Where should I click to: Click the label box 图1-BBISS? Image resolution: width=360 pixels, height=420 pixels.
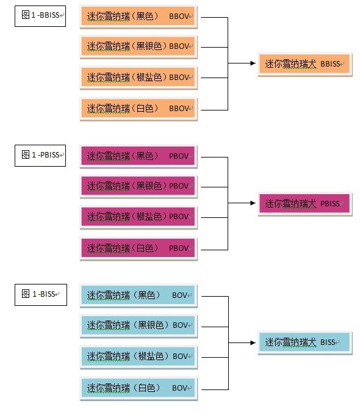click(x=40, y=16)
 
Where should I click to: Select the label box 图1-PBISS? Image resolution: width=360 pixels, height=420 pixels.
click(x=40, y=156)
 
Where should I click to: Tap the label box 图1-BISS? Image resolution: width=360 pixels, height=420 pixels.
click(x=41, y=295)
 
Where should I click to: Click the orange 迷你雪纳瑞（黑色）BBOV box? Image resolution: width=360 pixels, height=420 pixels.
click(x=139, y=16)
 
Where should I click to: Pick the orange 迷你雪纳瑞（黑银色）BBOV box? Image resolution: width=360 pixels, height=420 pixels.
click(x=139, y=47)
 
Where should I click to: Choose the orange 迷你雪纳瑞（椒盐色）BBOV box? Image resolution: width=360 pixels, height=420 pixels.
click(x=139, y=78)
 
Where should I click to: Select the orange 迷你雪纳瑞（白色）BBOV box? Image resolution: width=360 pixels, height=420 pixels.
click(x=139, y=109)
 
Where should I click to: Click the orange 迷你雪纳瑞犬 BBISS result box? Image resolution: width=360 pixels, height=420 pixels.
click(x=305, y=64)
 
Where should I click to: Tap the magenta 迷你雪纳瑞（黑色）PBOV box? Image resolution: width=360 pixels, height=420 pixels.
click(x=139, y=156)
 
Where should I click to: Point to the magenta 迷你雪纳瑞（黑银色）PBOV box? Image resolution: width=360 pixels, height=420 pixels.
click(x=139, y=187)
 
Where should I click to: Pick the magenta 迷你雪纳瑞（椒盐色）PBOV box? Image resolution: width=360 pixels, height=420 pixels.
click(x=139, y=217)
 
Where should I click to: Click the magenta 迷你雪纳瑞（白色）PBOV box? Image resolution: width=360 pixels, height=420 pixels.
click(x=139, y=248)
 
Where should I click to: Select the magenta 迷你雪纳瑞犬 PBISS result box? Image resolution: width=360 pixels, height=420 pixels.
click(x=305, y=204)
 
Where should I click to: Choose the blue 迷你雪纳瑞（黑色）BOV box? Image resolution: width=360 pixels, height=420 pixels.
click(x=139, y=295)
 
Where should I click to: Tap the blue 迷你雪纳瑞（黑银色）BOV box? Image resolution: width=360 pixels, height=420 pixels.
click(x=139, y=326)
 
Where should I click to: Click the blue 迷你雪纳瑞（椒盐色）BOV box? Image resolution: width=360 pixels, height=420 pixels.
click(x=139, y=357)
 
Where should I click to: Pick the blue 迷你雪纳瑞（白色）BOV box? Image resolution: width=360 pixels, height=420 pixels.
click(x=139, y=388)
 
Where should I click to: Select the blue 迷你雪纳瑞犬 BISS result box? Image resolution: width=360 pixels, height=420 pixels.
click(x=305, y=343)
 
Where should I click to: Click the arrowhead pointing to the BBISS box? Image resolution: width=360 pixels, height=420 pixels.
click(x=253, y=63)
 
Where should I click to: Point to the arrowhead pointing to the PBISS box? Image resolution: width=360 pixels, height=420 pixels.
click(x=253, y=203)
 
